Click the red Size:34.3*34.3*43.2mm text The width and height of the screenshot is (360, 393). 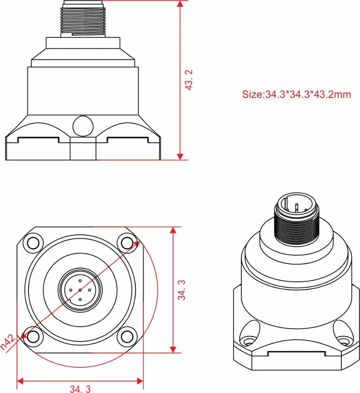click(296, 95)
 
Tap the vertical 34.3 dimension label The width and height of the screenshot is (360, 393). click(183, 290)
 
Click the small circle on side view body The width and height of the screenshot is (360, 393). click(83, 126)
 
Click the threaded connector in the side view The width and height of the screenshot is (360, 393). click(83, 20)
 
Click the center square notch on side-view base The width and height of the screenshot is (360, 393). click(83, 148)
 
